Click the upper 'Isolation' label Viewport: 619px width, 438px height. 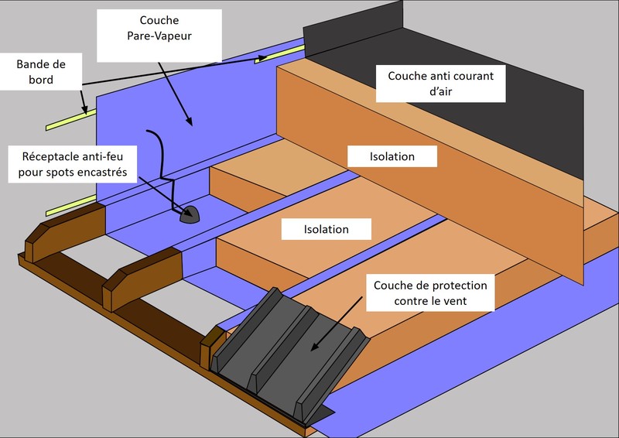(x=392, y=156)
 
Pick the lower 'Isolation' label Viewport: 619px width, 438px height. (x=326, y=229)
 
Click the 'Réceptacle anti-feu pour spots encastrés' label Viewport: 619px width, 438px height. (x=74, y=162)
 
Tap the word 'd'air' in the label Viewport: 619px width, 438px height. (x=439, y=93)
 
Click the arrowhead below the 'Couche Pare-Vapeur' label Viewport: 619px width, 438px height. (x=187, y=122)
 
